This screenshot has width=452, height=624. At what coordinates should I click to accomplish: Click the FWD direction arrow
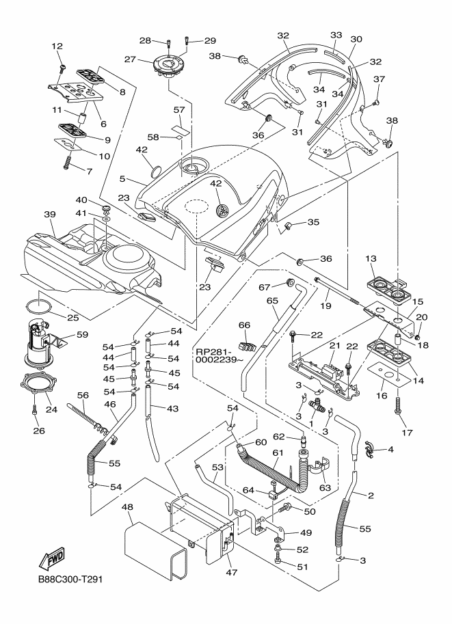coord(54,560)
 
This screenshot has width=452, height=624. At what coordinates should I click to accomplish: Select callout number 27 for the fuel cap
coord(147,59)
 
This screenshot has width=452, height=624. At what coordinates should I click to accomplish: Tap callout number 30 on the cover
coord(356,40)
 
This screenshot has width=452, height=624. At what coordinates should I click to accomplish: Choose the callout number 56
coord(84,395)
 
